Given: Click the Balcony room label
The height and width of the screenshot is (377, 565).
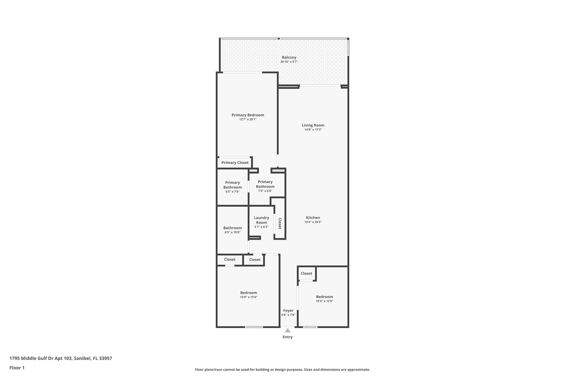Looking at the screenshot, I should (x=289, y=57).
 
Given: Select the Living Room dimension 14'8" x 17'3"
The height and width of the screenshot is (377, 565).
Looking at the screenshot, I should (x=313, y=130).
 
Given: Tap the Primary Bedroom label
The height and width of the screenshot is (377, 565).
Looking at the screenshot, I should (x=248, y=115).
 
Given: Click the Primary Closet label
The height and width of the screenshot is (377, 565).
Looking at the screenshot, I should (x=235, y=163).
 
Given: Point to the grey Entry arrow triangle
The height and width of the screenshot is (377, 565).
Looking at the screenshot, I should (x=287, y=330).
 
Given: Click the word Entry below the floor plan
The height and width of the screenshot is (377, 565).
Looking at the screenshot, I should (x=287, y=337).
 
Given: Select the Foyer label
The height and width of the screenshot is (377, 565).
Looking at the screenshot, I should (x=288, y=310).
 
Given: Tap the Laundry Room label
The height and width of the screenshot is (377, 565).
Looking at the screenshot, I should (x=261, y=220).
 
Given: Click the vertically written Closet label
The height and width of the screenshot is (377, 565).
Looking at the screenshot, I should (x=280, y=223).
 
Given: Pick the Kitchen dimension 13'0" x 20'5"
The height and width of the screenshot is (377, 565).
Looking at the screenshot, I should (x=313, y=222).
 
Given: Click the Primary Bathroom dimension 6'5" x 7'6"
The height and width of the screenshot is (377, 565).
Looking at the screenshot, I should (x=232, y=192).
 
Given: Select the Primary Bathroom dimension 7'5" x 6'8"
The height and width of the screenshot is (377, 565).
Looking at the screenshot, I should (x=265, y=191).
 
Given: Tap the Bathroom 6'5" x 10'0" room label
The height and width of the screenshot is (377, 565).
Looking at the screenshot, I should (x=232, y=228).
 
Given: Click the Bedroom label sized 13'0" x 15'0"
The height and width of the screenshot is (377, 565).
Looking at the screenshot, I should (x=249, y=293).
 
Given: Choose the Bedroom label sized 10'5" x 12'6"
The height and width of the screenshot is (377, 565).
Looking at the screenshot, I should (x=324, y=297).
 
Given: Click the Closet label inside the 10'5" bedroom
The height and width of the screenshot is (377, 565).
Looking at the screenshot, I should (x=306, y=273).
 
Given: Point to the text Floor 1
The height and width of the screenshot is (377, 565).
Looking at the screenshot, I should (x=17, y=368).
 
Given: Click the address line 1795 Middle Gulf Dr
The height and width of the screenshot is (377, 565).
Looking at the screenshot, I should (x=61, y=358).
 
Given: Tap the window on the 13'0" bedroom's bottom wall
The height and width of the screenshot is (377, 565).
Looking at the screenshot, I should (x=254, y=327).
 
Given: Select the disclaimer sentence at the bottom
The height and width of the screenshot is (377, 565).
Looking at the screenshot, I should (x=282, y=370).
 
